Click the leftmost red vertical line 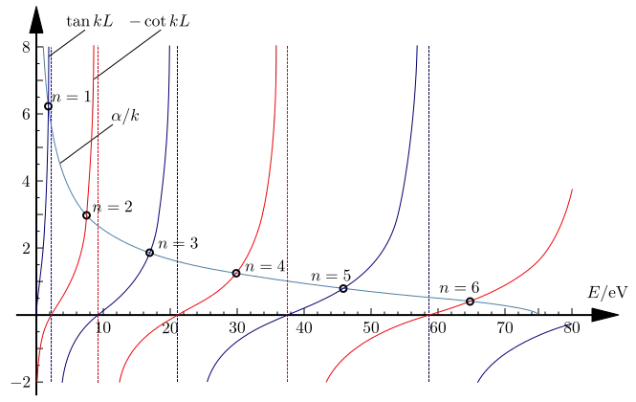pyautogui.click(x=96, y=191)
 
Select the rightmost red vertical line pyautogui.click(x=287, y=191)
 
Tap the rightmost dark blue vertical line pyautogui.click(x=430, y=191)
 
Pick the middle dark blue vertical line pyautogui.click(x=178, y=191)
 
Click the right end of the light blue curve pyautogui.click(x=538, y=312)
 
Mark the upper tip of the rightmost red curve pyautogui.click(x=572, y=187)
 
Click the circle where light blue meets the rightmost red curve pyautogui.click(x=470, y=301)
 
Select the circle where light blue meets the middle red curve pyautogui.click(x=236, y=274)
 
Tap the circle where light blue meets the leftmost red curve pyautogui.click(x=87, y=213)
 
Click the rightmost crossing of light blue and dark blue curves pyautogui.click(x=346, y=287)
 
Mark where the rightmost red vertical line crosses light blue pyautogui.click(x=287, y=280)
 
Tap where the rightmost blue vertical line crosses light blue pyautogui.click(x=430, y=297)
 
